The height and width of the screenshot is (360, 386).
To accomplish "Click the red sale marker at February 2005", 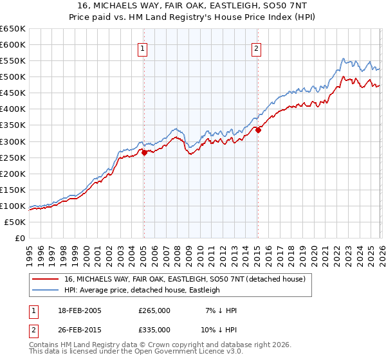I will coord(144,152).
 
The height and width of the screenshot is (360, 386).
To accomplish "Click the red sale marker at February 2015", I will coord(258,130).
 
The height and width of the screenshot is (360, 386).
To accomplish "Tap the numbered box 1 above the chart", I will coord(142,49).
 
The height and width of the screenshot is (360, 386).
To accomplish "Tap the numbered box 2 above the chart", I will coord(256,49).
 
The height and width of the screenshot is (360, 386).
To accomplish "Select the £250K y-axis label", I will coord(13,157).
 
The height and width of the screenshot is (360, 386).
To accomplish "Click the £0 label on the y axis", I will coord(19,239).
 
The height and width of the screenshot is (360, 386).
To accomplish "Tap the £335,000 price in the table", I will coord(154,330).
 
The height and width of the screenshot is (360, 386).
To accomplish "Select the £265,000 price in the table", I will coord(154,310).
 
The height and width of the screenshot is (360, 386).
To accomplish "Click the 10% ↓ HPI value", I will coord(218,330).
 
